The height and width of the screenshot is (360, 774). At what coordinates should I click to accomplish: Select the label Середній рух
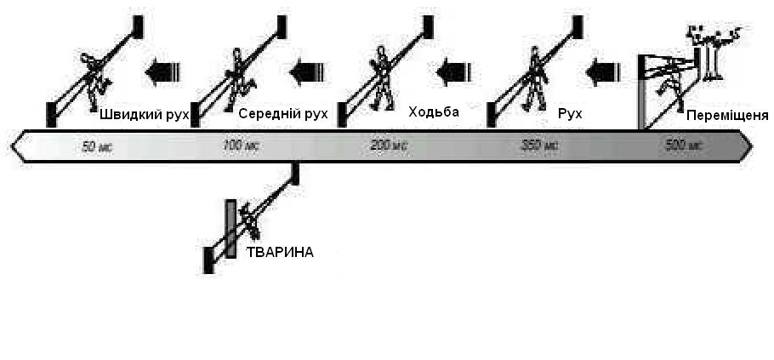(x=283, y=114)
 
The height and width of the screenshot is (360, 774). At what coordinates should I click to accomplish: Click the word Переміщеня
(x=728, y=115)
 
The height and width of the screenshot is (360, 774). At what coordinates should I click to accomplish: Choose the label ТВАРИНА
(x=280, y=252)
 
